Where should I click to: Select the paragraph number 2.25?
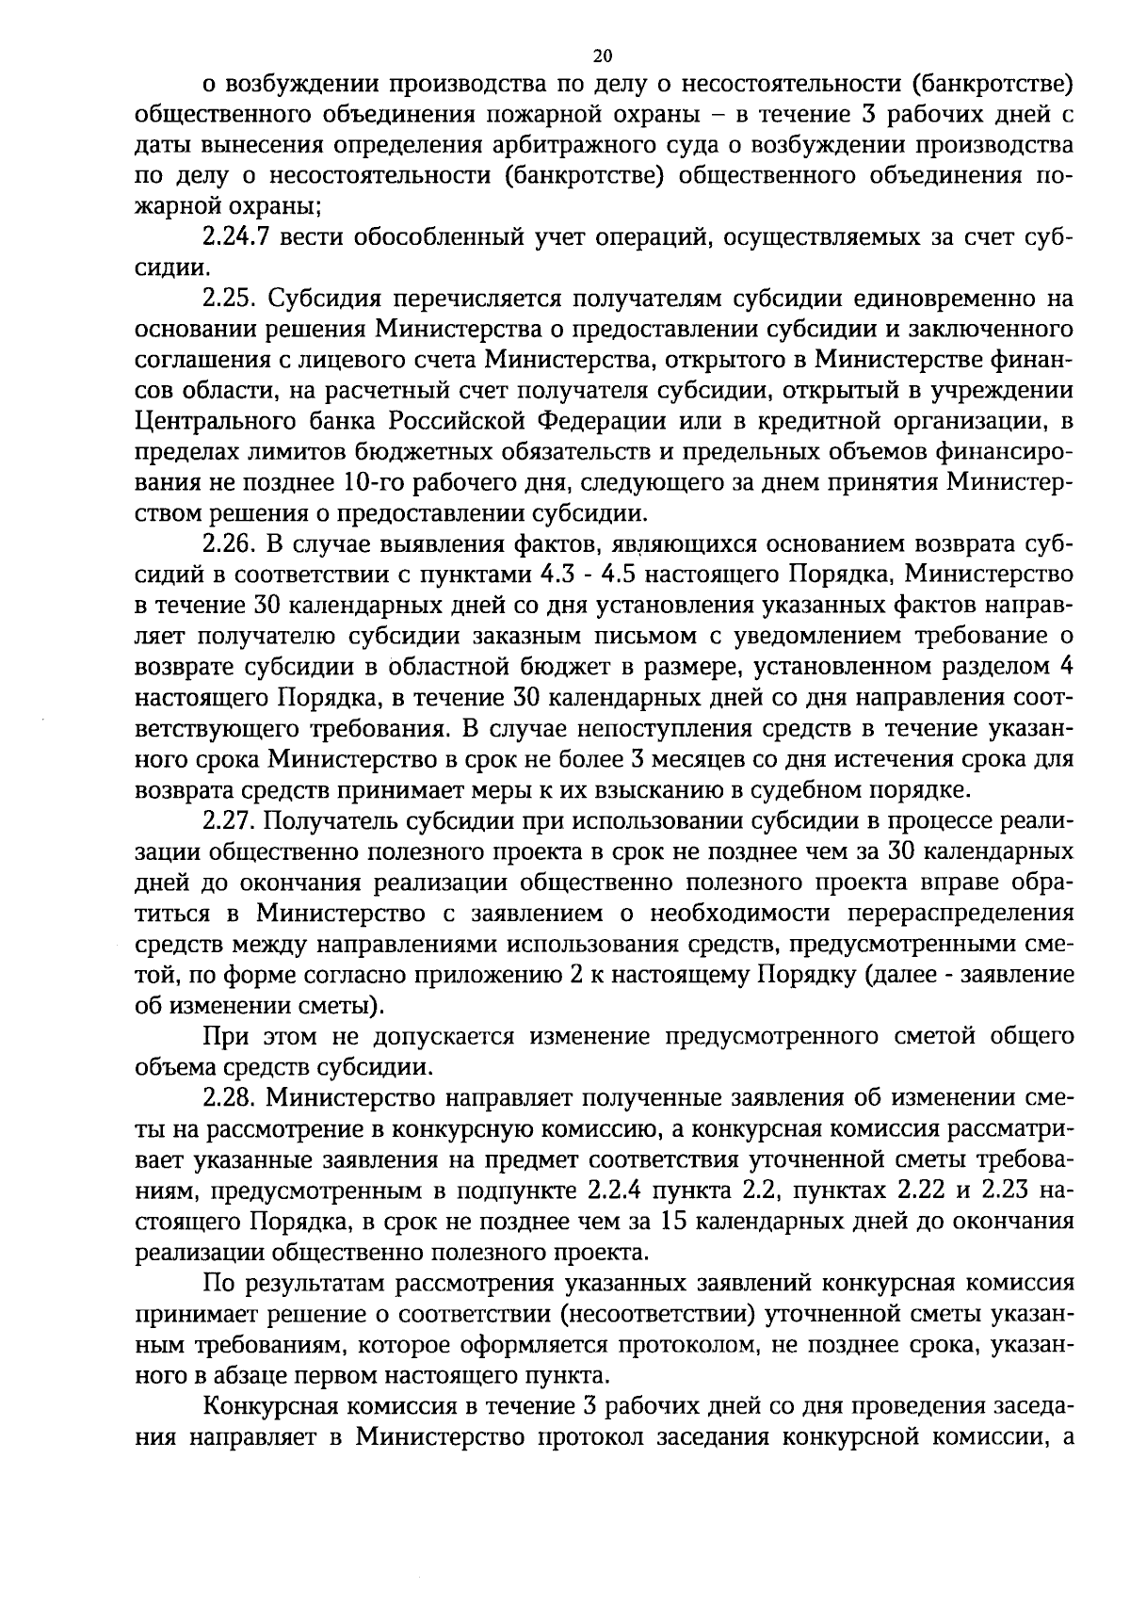point(230,300)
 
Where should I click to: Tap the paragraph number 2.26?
point(230,544)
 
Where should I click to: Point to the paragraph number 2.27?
point(230,820)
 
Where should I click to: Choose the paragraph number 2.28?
point(230,1097)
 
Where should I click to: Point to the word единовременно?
point(941,300)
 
